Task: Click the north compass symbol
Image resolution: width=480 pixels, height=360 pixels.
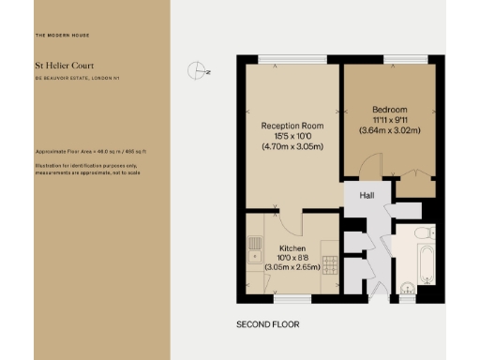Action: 197,69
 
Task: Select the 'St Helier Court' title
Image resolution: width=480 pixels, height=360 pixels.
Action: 63,66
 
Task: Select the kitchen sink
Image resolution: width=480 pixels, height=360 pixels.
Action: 255,248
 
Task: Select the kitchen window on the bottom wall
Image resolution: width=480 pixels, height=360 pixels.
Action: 286,299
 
